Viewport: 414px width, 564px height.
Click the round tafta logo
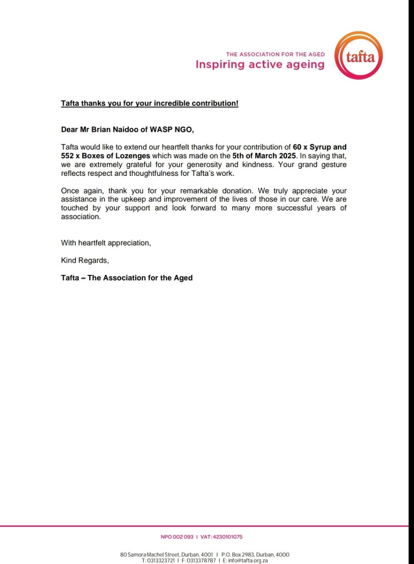359,56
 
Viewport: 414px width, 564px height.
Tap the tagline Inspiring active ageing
260,64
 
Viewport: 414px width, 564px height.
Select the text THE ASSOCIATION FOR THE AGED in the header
275,54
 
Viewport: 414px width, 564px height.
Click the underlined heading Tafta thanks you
150,103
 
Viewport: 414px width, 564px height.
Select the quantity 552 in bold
68,156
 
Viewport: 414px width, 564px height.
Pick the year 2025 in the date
286,156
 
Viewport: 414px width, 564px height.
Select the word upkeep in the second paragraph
131,199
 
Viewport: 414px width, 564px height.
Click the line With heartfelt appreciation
106,243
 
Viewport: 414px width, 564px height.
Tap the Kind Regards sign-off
85,260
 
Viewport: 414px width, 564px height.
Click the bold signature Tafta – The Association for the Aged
127,278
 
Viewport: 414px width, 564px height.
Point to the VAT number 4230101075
227,537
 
